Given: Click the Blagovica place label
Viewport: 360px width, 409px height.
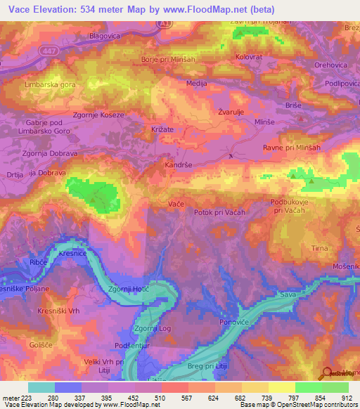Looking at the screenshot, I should (x=106, y=35).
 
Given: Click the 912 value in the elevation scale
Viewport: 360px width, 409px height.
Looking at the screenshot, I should (x=347, y=397).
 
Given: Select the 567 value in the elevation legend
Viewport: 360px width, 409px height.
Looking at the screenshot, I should (x=187, y=397).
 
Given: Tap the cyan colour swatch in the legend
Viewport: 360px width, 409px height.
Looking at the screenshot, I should (x=41, y=387).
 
